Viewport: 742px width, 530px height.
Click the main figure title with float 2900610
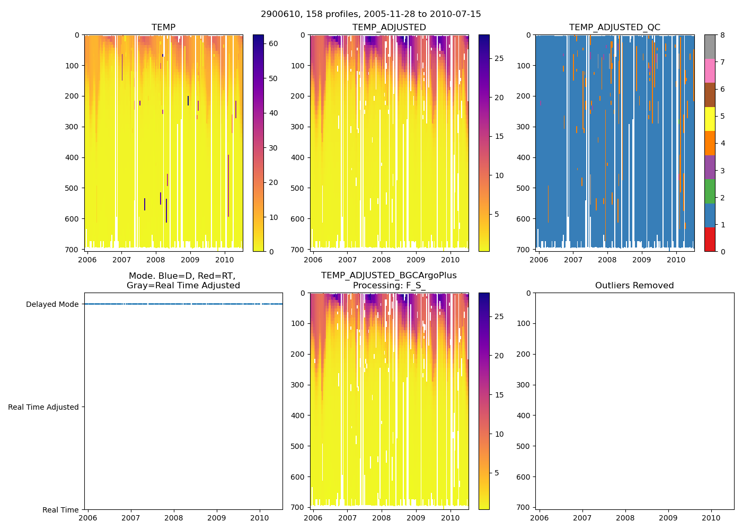[371, 14]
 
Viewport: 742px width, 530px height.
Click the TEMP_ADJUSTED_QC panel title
[615, 28]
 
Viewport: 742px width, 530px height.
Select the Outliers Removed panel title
[634, 286]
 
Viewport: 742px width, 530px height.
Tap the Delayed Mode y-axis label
[52, 305]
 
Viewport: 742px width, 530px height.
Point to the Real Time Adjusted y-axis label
[43, 408]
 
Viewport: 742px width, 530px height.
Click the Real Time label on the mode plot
[60, 510]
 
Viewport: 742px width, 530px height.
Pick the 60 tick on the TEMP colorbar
[273, 43]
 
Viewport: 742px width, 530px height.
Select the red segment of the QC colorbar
[710, 240]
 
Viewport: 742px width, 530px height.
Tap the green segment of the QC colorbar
[710, 191]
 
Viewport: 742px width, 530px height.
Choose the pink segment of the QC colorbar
[710, 71]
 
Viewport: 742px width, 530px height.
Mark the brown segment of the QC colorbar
[710, 95]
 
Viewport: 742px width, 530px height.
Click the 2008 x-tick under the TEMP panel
[156, 260]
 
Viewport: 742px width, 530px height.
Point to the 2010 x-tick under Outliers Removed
[711, 518]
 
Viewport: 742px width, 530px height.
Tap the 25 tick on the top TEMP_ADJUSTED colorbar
[499, 58]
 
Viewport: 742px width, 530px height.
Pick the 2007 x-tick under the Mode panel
[131, 518]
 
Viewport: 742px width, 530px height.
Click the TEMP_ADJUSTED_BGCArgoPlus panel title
[388, 280]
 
